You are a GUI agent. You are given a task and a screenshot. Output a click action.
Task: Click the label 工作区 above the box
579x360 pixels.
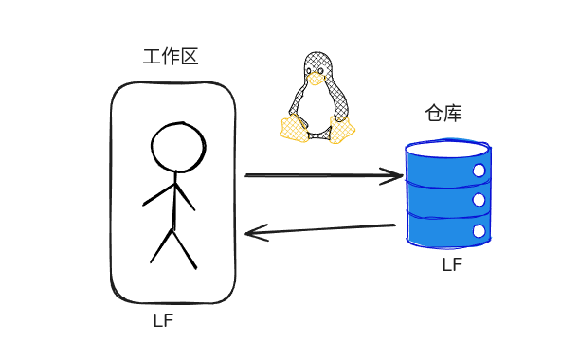tap(171, 57)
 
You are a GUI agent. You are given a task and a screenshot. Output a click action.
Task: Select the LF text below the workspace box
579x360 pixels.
tap(163, 320)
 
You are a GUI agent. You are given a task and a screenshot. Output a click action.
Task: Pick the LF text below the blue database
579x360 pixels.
tap(452, 265)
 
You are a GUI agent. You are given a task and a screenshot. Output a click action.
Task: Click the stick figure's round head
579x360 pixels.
tap(177, 147)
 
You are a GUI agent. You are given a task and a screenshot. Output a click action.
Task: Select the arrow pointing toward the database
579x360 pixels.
tap(322, 175)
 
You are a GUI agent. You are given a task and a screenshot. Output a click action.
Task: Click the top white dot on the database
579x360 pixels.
tap(479, 171)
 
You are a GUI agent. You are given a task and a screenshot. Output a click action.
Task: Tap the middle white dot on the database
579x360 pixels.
tap(479, 200)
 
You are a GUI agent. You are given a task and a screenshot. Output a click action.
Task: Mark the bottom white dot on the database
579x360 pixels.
tap(479, 231)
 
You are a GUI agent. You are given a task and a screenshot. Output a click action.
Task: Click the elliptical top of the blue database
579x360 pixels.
tap(447, 150)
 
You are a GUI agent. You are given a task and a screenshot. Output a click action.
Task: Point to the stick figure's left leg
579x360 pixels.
tap(162, 244)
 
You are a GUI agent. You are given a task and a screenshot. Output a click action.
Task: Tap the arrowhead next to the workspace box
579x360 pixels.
tap(254, 233)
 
